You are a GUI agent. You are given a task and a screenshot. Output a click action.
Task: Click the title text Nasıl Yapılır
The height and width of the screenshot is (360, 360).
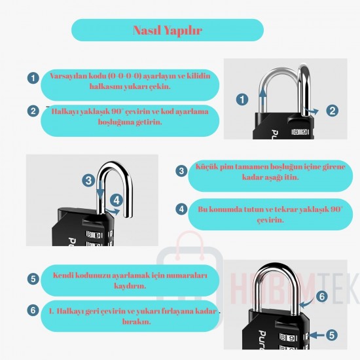pos(168,30)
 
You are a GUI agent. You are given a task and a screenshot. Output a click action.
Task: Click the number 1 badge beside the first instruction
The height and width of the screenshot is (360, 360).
pos(33,78)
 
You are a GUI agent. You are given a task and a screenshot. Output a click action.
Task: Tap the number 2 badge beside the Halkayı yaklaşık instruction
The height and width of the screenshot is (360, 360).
pos(33,111)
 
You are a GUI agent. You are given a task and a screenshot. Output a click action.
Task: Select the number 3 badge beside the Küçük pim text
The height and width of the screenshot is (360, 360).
pos(181,171)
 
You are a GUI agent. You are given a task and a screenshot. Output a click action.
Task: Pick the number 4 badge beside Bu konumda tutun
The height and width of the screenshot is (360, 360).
pos(181,209)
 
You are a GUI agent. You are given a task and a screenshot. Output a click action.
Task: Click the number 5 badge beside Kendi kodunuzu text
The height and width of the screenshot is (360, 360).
pos(33,279)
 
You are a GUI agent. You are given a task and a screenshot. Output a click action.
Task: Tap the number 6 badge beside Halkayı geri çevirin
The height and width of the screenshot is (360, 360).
pos(33,310)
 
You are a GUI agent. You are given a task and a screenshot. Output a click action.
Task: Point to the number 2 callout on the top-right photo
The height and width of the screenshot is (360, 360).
pos(333,111)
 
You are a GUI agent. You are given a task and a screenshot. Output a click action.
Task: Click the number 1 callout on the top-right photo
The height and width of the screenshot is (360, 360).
pos(242,99)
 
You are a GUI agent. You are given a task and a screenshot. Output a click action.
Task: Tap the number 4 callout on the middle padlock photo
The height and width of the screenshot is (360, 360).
pos(117,200)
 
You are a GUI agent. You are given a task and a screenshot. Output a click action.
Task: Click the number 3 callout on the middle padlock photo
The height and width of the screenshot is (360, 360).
pos(88,180)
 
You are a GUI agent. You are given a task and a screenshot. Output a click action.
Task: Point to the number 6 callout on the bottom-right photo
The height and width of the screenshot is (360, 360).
pos(322,296)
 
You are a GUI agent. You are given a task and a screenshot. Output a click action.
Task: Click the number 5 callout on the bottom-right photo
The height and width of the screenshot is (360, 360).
pos(332,335)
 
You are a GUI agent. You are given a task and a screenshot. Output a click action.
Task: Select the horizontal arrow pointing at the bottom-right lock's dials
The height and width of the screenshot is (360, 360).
pos(317,336)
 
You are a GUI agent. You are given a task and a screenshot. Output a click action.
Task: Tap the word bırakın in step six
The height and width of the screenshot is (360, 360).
pos(137,321)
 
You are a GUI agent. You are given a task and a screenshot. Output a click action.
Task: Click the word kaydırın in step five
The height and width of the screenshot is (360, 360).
pos(130,286)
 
